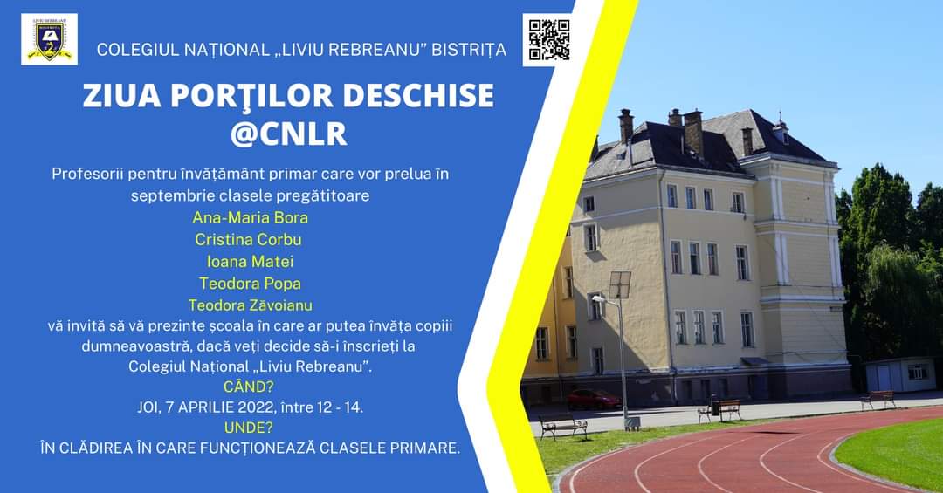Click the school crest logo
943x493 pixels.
(49, 39)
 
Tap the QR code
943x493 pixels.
(548, 39)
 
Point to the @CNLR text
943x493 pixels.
(289, 134)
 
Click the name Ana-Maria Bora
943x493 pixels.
(251, 217)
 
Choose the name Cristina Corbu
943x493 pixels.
(248, 239)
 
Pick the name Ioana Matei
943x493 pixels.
(251, 262)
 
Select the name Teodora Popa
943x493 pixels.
(251, 284)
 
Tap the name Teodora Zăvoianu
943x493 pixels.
(251, 305)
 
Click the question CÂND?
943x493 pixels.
(248, 386)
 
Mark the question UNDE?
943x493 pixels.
(248, 428)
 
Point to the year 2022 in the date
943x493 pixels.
(256, 407)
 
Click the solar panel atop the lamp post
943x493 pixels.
(620, 285)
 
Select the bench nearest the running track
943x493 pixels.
(563, 427)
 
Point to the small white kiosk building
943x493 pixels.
(900, 374)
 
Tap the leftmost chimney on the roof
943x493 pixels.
(626, 125)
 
